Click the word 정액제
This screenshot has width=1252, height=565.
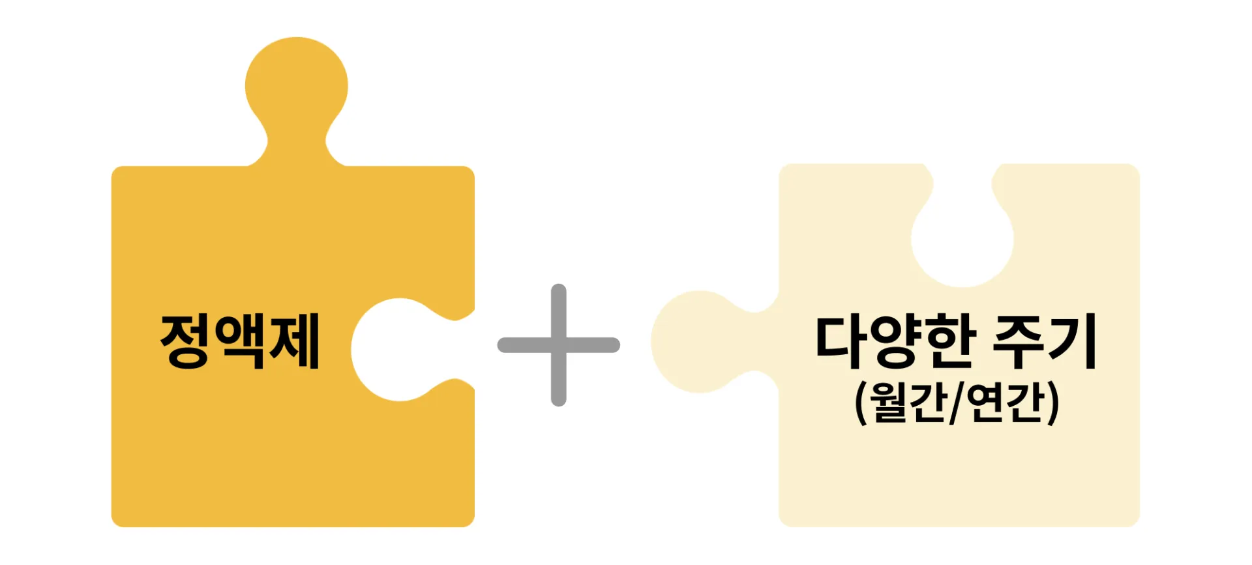[x=240, y=341]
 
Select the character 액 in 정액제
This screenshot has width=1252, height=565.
[x=241, y=341]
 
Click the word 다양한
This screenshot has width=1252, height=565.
[x=897, y=341]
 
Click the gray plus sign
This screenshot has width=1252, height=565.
[x=559, y=345]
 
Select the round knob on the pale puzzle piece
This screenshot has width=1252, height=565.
[x=698, y=341]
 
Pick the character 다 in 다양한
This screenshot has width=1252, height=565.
[x=842, y=341]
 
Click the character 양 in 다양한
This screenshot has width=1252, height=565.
[x=897, y=341]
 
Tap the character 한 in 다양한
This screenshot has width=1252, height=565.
[x=951, y=341]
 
